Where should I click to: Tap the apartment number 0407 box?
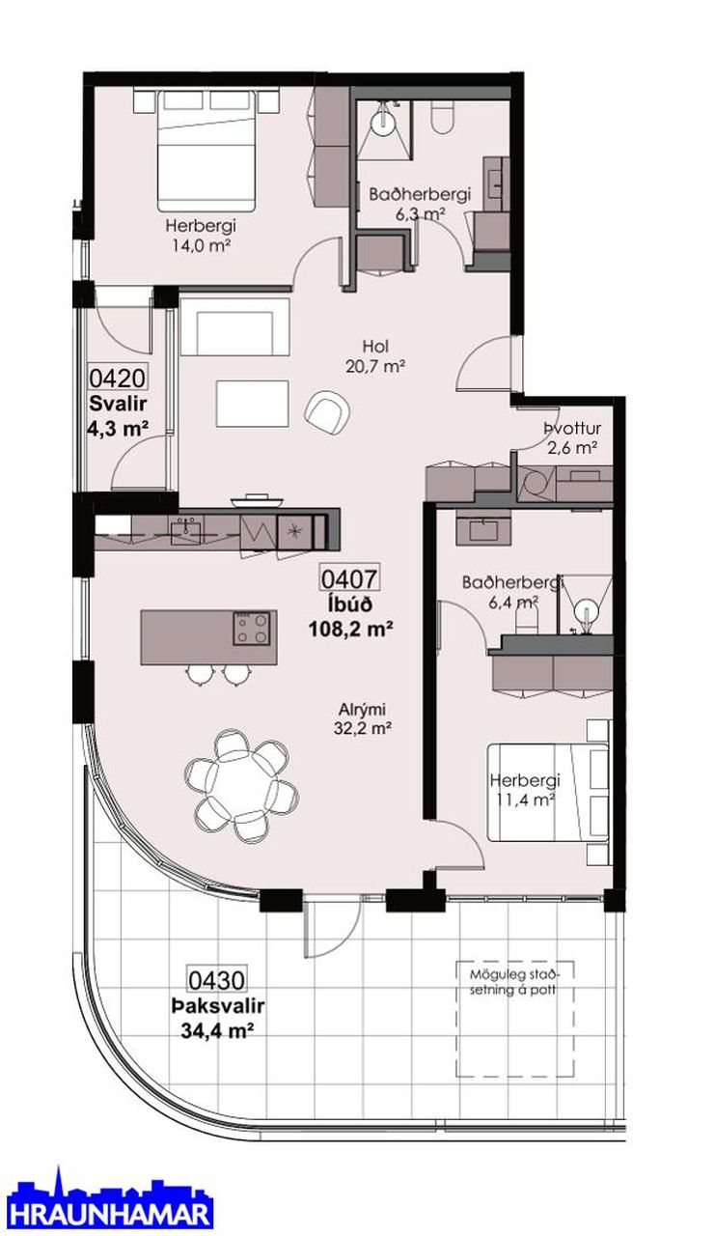tap(350, 578)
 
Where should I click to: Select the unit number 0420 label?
tap(118, 379)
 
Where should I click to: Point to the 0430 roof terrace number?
tap(217, 980)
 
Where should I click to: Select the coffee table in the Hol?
tap(253, 403)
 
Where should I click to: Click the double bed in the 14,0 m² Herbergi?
tap(206, 151)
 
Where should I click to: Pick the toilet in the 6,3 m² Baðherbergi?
tap(443, 117)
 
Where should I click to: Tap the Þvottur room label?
tap(571, 428)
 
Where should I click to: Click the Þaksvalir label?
tap(217, 1006)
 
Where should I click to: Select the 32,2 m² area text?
tap(362, 728)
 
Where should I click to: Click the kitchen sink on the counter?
tap(186, 531)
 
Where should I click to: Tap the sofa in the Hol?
tap(234, 326)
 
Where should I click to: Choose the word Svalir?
tap(118, 404)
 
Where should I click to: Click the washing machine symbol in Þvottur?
tap(537, 484)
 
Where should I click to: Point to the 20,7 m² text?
tap(375, 366)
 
